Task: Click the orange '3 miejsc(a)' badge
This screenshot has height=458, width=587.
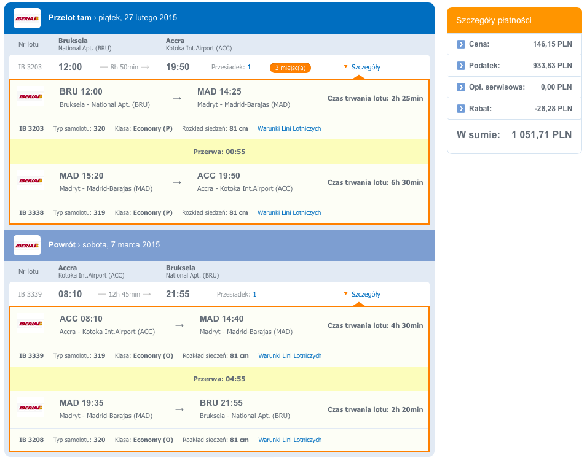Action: click(290, 68)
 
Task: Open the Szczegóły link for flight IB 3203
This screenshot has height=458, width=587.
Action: click(366, 67)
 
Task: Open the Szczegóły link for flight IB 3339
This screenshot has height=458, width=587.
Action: click(366, 294)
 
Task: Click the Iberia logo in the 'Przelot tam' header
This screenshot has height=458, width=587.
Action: click(27, 18)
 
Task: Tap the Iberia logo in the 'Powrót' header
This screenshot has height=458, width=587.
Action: click(27, 245)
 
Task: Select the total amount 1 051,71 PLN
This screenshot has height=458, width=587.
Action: click(542, 134)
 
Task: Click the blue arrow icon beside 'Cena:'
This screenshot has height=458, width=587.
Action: click(461, 44)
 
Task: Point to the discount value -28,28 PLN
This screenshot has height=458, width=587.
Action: click(553, 109)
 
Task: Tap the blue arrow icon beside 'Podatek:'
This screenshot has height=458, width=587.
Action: click(461, 66)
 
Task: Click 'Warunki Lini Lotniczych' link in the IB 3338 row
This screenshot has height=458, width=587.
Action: click(289, 213)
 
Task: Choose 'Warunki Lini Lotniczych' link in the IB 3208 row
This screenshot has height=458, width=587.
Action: click(290, 440)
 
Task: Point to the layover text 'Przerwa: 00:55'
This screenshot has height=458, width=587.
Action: click(219, 152)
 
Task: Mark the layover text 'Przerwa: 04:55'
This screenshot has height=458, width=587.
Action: click(219, 379)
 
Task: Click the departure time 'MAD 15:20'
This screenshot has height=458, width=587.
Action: click(82, 176)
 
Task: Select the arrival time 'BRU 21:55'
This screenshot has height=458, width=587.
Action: click(221, 403)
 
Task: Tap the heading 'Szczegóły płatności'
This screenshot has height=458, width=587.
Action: click(494, 20)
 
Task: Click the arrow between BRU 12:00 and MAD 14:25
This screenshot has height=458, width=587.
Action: click(177, 98)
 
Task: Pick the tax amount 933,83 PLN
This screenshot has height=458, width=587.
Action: click(553, 66)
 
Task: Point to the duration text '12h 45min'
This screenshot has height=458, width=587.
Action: click(124, 294)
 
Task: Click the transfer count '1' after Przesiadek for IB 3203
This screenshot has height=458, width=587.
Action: click(250, 67)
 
